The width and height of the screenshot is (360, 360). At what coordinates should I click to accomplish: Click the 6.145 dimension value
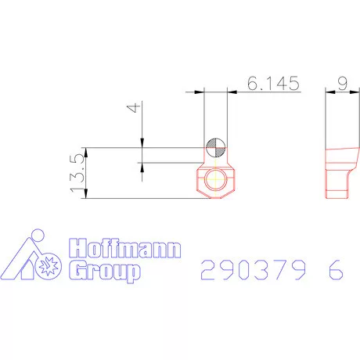click(x=273, y=84)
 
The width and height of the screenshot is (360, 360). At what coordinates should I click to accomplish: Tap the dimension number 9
click(x=340, y=84)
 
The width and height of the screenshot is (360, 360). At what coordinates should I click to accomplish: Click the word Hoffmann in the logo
click(x=125, y=250)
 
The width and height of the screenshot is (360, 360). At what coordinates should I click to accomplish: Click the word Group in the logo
click(x=105, y=271)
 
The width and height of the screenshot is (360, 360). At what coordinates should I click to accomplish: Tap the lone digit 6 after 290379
click(x=335, y=270)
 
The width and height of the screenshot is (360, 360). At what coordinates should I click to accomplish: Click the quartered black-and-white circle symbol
click(x=216, y=147)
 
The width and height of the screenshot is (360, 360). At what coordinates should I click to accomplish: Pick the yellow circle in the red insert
click(x=216, y=181)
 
